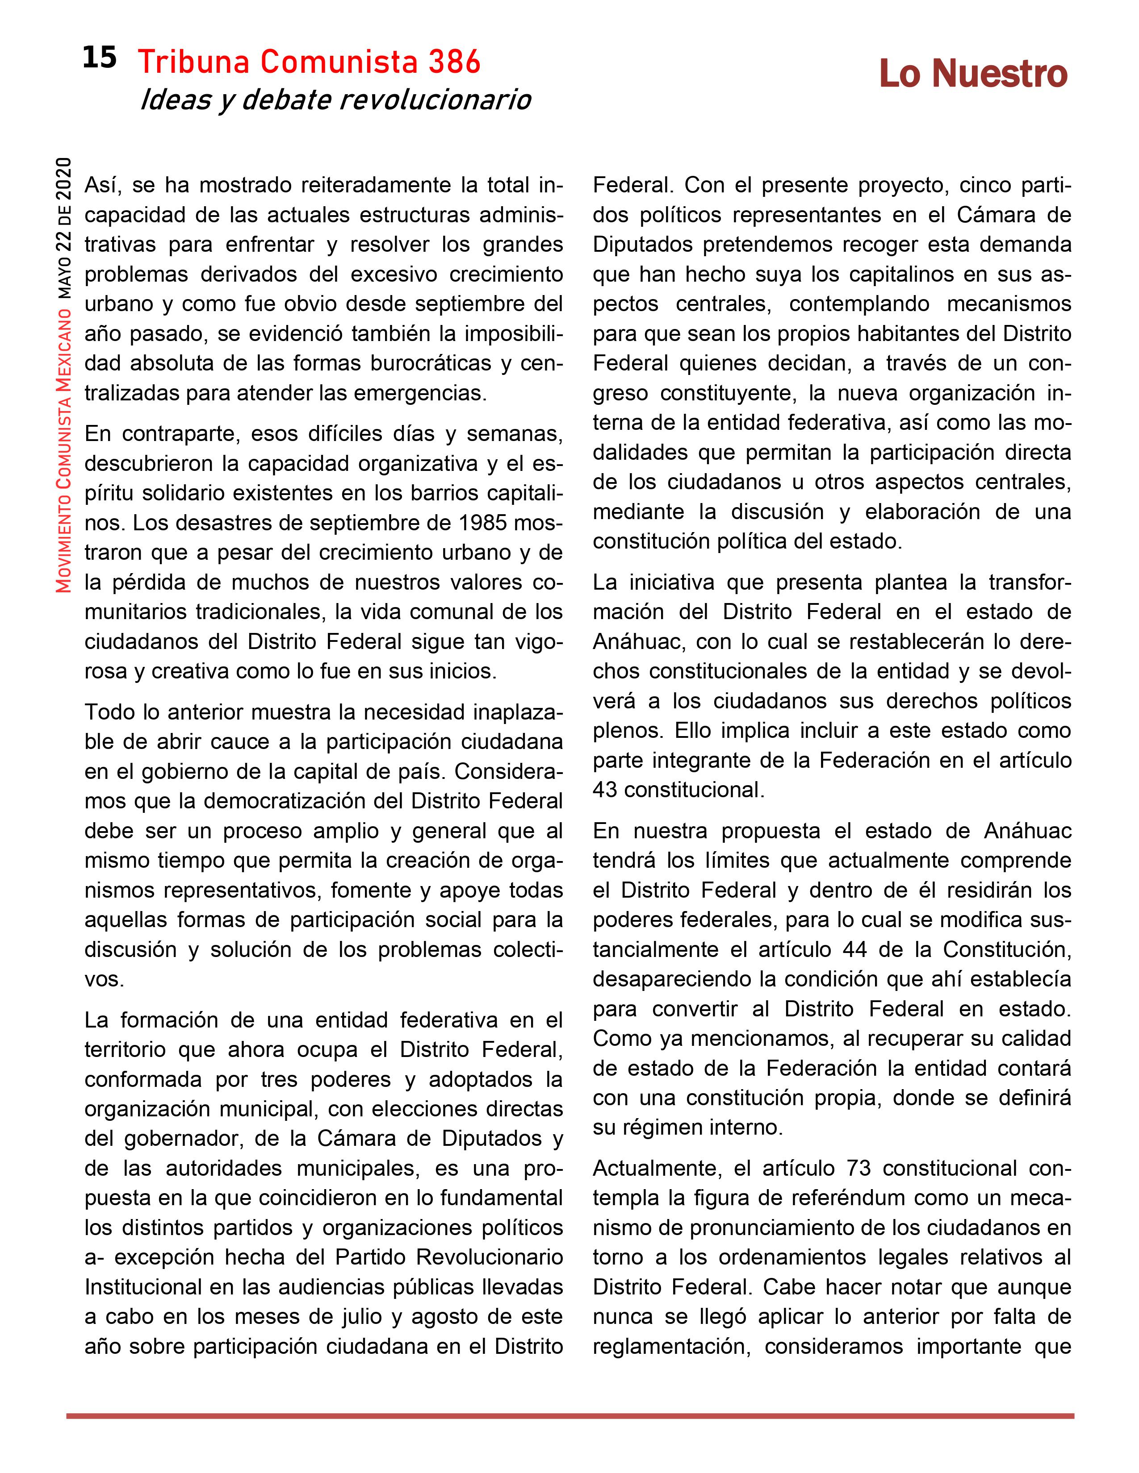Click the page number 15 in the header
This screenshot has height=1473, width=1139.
pyautogui.click(x=99, y=58)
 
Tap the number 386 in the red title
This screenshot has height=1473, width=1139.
pyautogui.click(x=453, y=63)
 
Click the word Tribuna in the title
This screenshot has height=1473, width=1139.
pyautogui.click(x=195, y=63)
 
